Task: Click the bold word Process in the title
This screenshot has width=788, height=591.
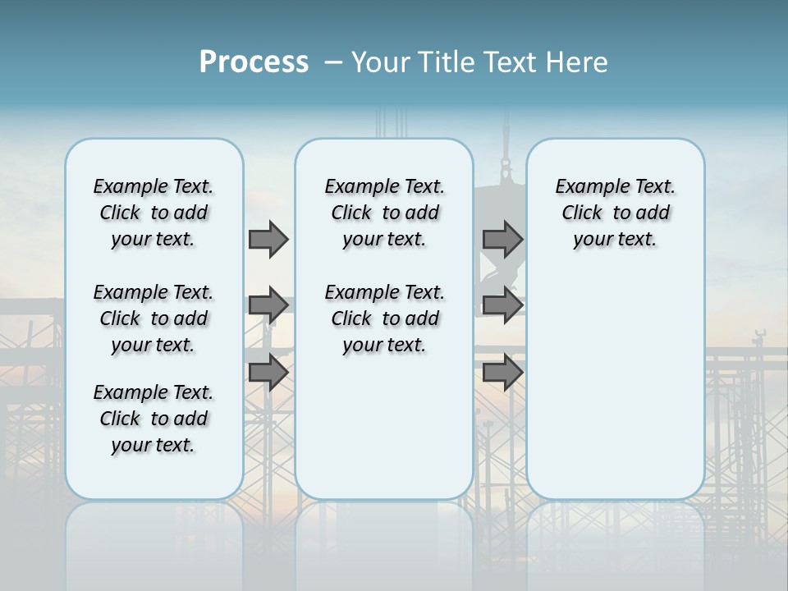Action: coord(254,62)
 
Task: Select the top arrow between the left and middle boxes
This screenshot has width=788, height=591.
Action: coord(268,239)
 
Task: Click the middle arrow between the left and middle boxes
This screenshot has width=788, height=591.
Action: coord(268,305)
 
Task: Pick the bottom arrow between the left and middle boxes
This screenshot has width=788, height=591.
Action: coord(268,372)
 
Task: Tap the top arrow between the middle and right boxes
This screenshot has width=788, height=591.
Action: coord(502,239)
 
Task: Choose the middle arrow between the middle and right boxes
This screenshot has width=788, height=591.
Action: coord(502,305)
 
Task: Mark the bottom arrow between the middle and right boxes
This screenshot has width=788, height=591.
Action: coord(502,373)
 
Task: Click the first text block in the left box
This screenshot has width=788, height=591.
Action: coord(153,213)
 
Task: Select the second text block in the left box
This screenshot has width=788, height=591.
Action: coord(153,318)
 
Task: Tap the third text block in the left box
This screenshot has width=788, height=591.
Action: coord(153,419)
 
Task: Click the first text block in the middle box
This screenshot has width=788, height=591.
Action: coord(384,213)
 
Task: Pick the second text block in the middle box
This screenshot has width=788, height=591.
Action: coord(384,318)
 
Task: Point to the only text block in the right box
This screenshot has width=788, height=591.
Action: coord(615,213)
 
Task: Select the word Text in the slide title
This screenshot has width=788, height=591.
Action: coord(508,62)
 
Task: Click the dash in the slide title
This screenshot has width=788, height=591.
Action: coord(333,62)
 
